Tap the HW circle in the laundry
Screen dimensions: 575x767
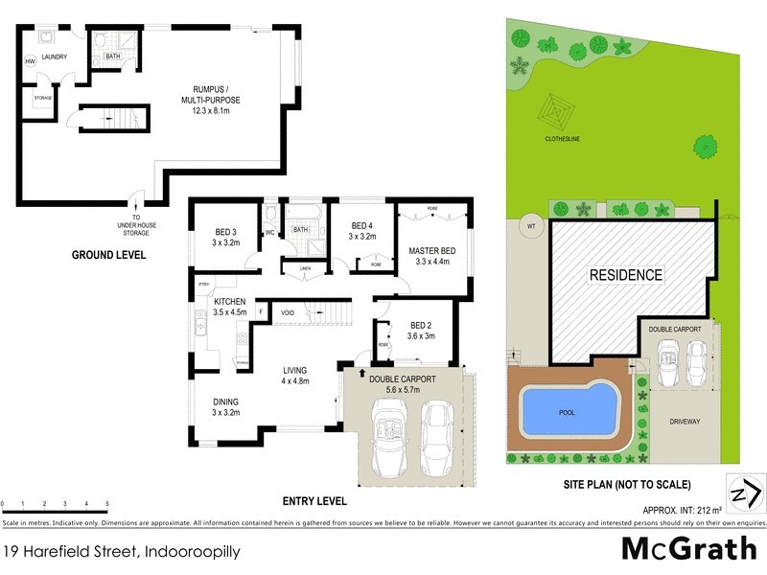click(x=30, y=62)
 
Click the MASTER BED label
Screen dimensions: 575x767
click(x=433, y=251)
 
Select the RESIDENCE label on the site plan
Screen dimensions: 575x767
click(x=624, y=275)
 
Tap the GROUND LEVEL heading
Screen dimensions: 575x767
click(x=108, y=255)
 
